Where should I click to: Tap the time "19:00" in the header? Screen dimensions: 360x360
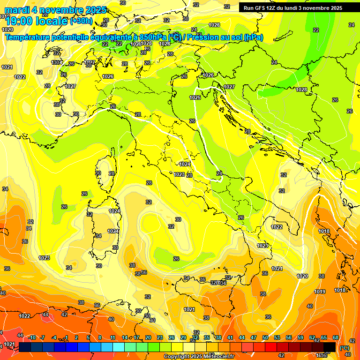19,21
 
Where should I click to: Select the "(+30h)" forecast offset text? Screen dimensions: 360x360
81,21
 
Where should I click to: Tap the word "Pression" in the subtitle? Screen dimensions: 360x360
204,37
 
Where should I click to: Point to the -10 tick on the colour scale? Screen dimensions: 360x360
32,338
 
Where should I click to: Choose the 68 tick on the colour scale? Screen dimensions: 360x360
336,338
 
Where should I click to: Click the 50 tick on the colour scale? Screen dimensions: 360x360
265,338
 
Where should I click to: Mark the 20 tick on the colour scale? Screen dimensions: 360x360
148,338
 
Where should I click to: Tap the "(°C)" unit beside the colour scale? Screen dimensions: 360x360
344,348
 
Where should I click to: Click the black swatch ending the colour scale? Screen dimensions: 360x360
330,347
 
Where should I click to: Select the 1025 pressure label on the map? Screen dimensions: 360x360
195,97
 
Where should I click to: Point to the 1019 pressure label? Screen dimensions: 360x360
320,292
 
